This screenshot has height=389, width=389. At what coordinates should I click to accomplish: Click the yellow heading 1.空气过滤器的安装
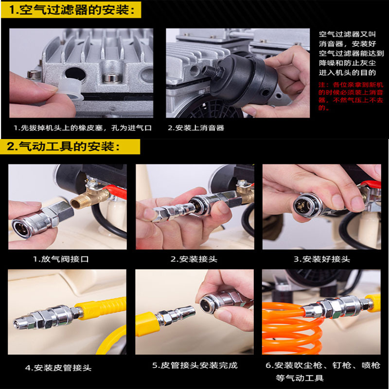[71, 10]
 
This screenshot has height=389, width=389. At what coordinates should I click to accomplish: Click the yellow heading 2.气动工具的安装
[63, 146]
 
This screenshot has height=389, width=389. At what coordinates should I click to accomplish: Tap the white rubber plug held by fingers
[71, 90]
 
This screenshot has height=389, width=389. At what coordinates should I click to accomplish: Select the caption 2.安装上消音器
[196, 128]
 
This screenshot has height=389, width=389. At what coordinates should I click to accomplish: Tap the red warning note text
[351, 96]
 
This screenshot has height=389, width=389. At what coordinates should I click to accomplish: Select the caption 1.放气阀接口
[61, 259]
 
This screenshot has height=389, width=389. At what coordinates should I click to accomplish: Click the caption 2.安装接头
[194, 259]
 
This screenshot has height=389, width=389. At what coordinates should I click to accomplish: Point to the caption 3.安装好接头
[322, 259]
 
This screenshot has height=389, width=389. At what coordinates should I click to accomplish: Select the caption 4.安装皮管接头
[58, 368]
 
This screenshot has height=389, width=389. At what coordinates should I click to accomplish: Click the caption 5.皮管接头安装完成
[195, 366]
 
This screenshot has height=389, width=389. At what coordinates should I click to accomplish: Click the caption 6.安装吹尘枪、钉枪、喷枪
[323, 366]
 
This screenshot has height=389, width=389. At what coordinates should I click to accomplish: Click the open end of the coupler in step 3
[302, 205]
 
